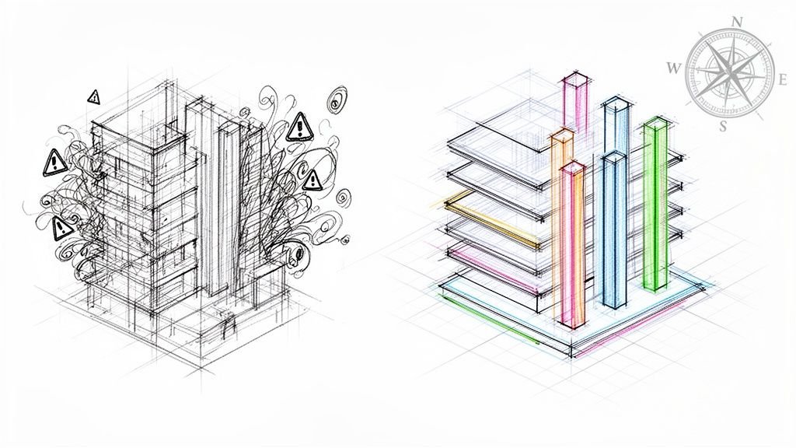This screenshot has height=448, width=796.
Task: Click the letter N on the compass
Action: click(738, 22)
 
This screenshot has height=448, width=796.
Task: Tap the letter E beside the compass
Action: click(782, 80)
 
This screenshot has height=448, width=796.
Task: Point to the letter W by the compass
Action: click(672, 68)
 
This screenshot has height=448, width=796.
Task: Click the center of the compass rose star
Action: click(730, 72)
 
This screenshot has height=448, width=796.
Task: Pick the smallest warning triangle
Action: click(93, 96)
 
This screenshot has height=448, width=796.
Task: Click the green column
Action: click(655, 205)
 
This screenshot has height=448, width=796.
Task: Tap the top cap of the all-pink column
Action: click(576, 79)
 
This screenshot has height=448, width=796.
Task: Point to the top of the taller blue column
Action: click(616, 103)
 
